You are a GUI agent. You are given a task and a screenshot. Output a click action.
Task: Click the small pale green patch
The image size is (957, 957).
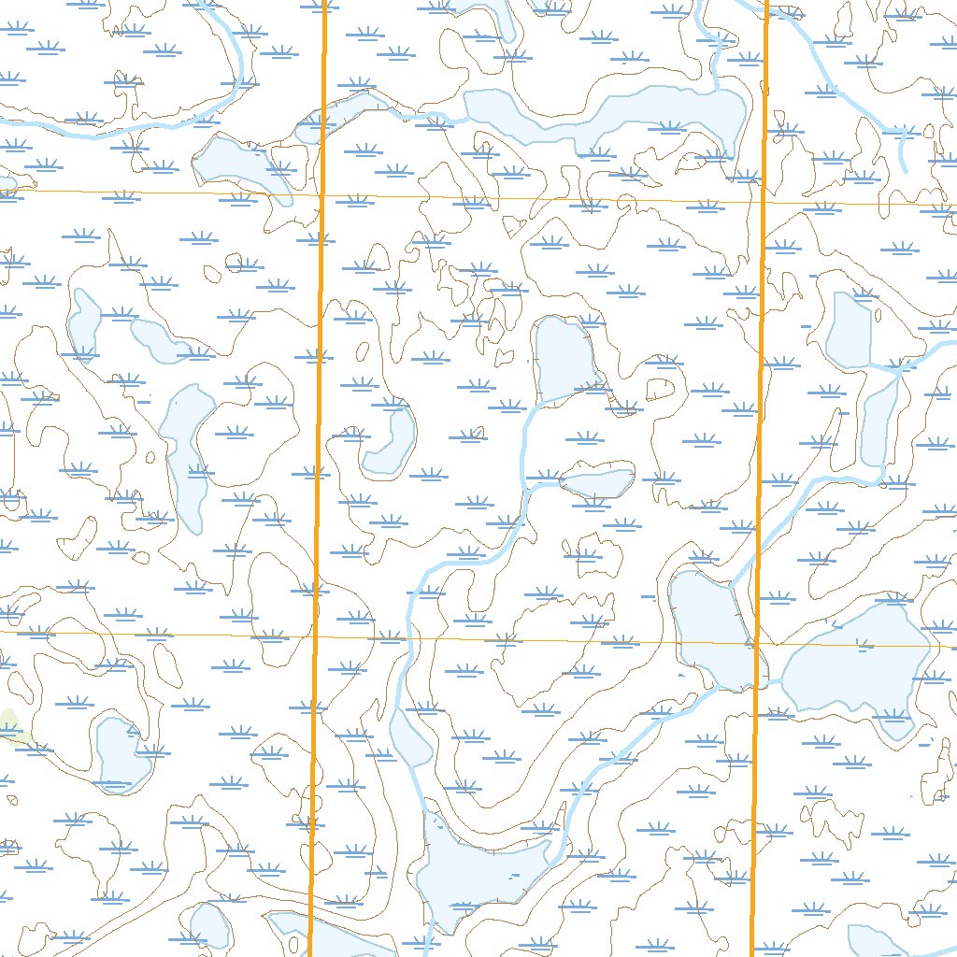(10, 724)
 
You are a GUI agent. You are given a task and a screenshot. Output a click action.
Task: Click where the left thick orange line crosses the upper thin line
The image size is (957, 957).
(321, 196)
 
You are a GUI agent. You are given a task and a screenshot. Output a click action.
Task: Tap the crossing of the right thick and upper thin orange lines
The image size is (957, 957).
(763, 202)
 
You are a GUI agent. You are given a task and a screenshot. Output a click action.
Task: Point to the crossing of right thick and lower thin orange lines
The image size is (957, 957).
(756, 644)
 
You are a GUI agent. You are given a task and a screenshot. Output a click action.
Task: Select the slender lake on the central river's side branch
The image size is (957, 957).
(598, 482)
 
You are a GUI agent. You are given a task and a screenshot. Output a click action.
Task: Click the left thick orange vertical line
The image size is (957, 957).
(319, 421)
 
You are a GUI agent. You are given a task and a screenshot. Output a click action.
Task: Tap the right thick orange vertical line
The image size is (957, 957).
(760, 421)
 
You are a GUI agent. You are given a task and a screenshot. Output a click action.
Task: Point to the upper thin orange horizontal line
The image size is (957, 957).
(561, 199)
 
